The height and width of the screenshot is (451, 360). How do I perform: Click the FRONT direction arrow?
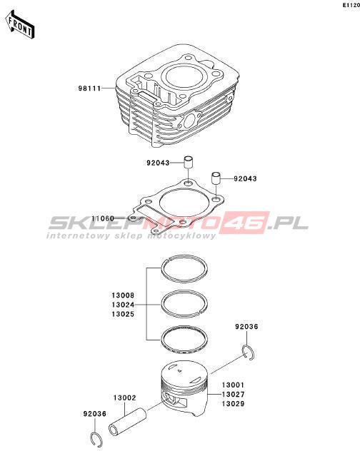pos(19,25)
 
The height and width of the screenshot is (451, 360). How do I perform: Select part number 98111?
pos(89,88)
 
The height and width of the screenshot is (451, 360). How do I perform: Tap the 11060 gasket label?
pos(103,218)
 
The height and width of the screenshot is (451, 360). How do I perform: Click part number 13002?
pos(124,397)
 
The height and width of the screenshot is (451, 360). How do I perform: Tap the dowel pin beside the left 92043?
pos(189,163)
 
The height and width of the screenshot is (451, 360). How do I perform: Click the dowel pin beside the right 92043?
pos(216,178)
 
